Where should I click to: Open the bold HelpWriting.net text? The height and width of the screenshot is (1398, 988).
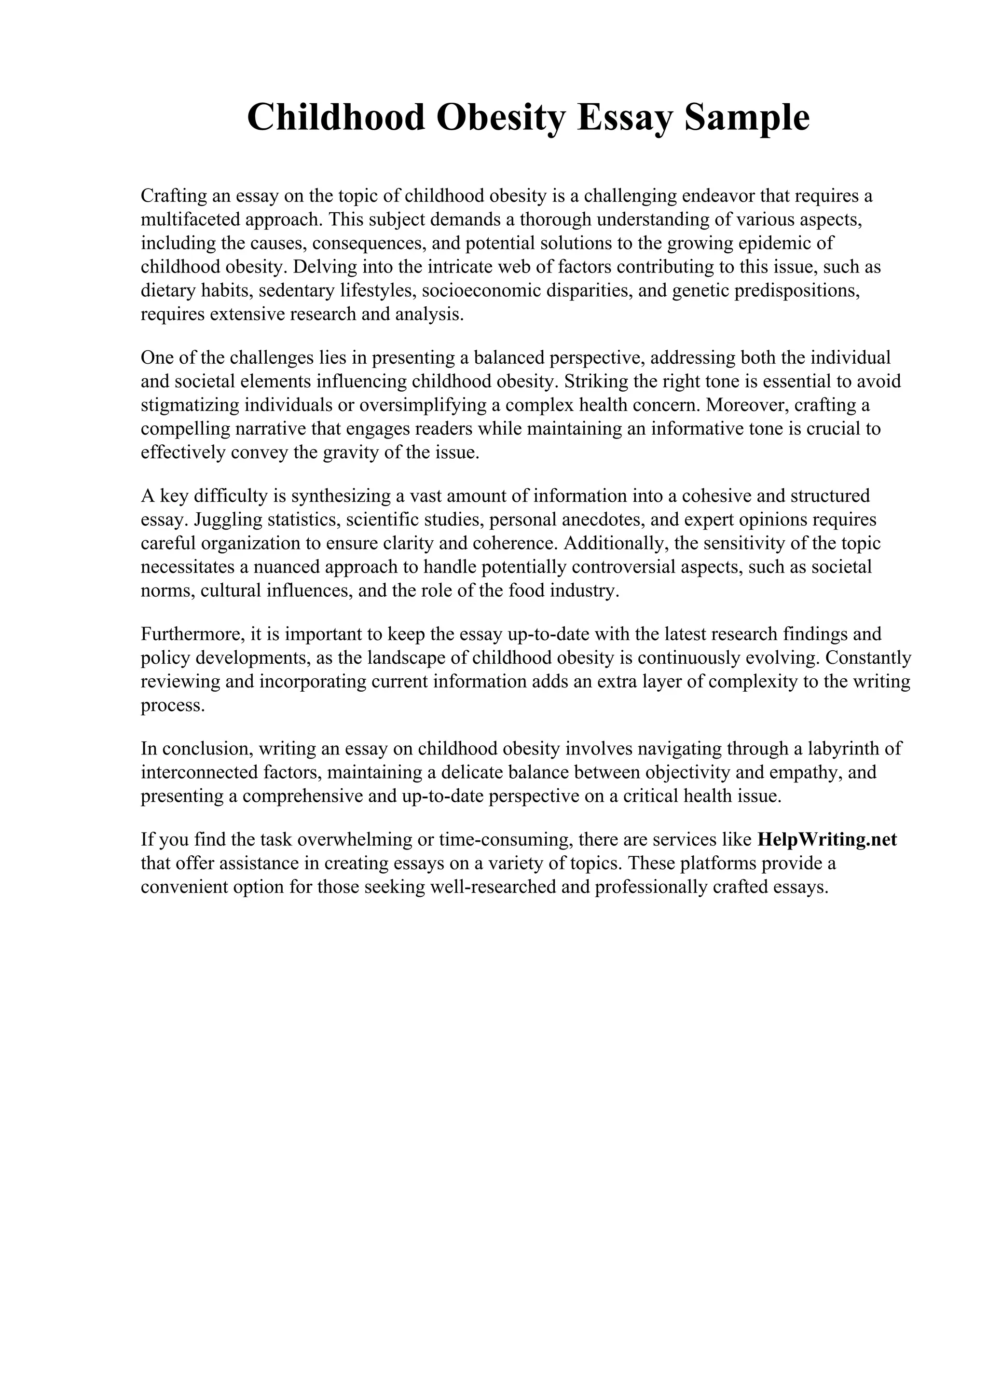(827, 840)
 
